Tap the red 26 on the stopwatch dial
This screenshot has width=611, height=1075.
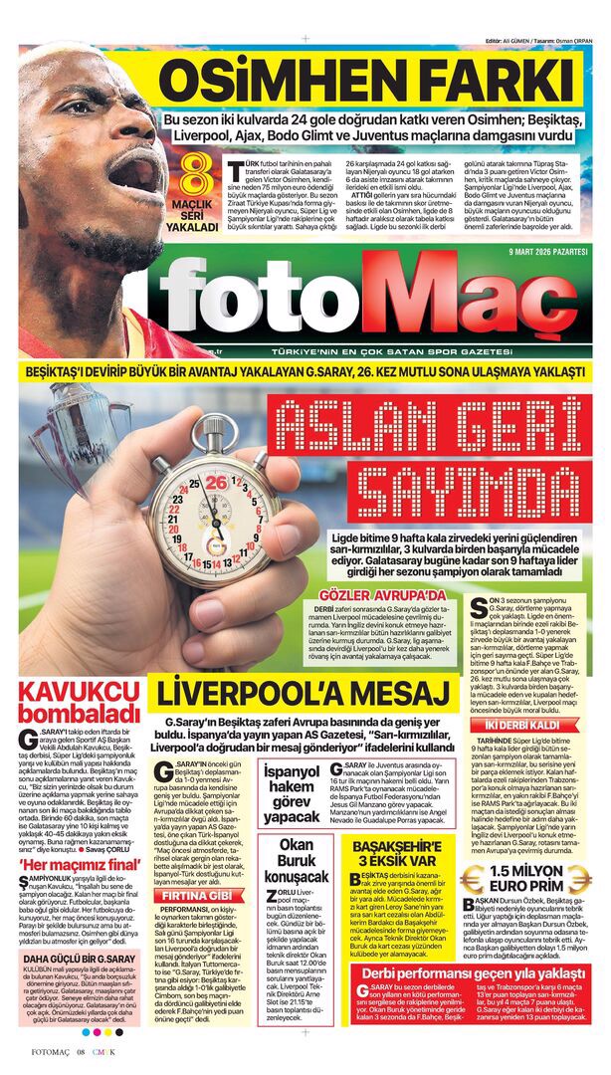click(216, 484)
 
